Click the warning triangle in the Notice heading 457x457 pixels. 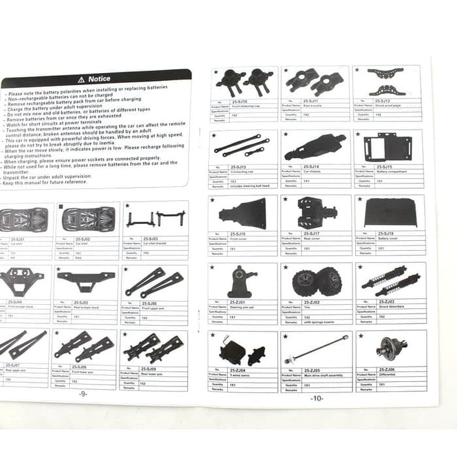81,79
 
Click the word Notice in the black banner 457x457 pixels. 99,79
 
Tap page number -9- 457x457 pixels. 82,394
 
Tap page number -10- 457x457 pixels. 317,398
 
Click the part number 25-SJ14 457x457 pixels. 312,167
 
